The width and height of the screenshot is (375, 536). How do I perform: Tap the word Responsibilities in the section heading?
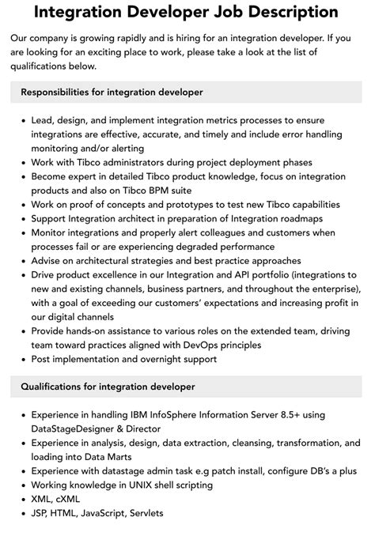click(58, 92)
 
